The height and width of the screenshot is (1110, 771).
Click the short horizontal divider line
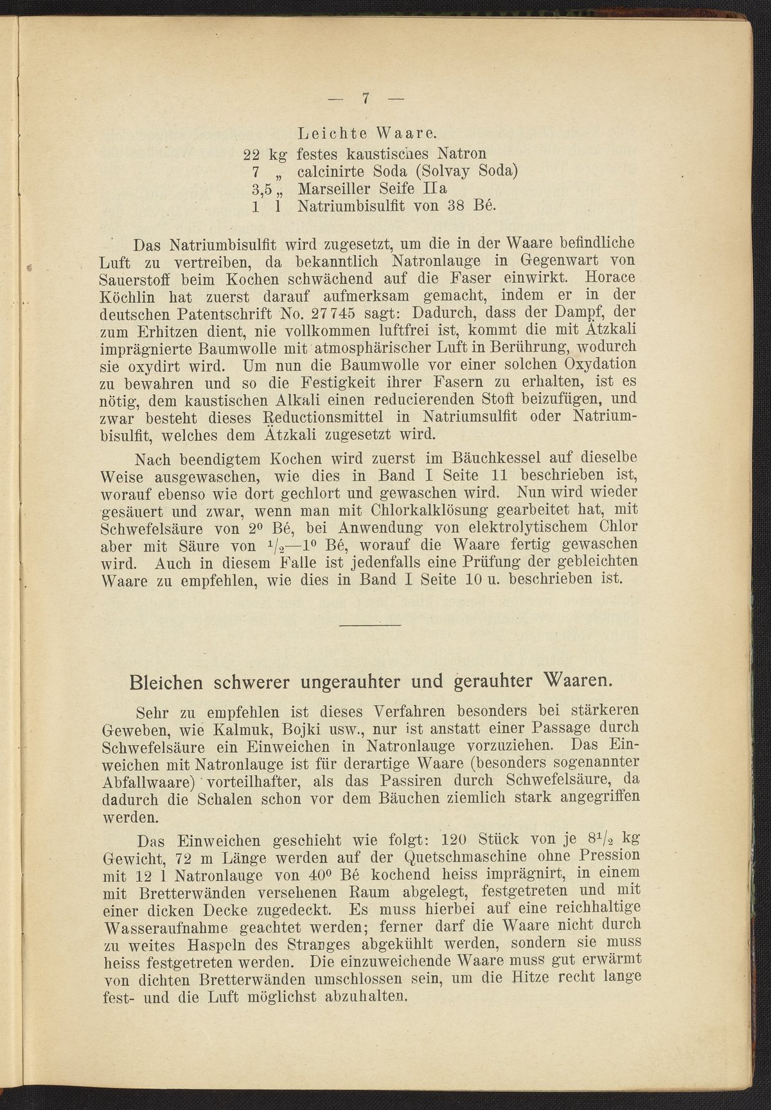(x=369, y=625)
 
